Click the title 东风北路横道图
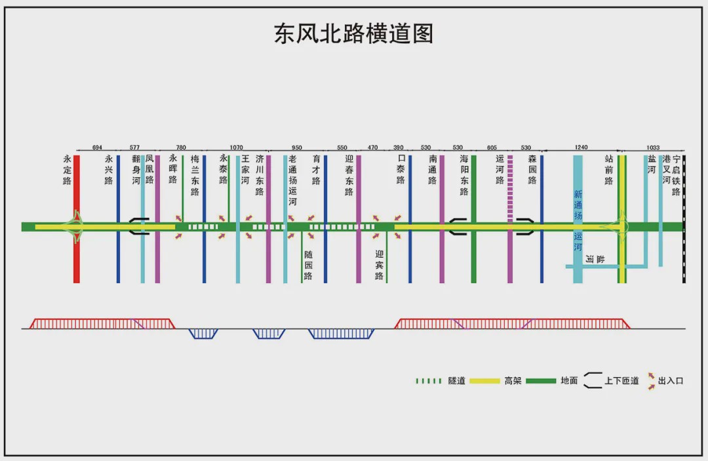[x=353, y=34]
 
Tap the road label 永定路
[x=68, y=170]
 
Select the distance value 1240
[x=581, y=147]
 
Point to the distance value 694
[x=97, y=147]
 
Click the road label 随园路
[x=308, y=265]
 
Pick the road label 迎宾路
[x=379, y=265]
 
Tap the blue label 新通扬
[x=578, y=205]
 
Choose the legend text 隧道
[x=456, y=380]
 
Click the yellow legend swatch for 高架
[x=485, y=381]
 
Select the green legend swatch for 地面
[x=541, y=381]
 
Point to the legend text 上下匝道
[x=621, y=380]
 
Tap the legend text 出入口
[x=671, y=380]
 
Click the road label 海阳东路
[x=464, y=175]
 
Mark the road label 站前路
[x=608, y=170]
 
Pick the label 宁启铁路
[x=676, y=175]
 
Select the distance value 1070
[x=236, y=147]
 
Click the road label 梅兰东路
[x=195, y=175]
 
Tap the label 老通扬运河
[x=292, y=180]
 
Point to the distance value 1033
[x=653, y=147]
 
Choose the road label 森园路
[x=532, y=170]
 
